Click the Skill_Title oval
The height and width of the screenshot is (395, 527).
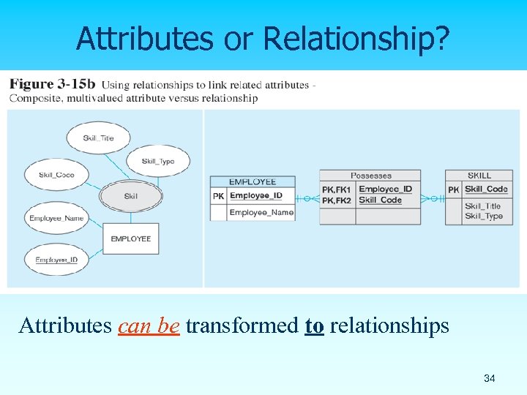pyautogui.click(x=98, y=138)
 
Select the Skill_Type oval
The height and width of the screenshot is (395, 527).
pyautogui.click(x=158, y=161)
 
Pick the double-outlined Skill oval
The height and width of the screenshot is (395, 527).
pyautogui.click(x=130, y=196)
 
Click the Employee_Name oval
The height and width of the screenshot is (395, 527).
pyautogui.click(x=56, y=218)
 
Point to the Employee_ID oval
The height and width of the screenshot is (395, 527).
pyautogui.click(x=57, y=259)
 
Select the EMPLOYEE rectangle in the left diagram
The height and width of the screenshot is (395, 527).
pyautogui.click(x=130, y=238)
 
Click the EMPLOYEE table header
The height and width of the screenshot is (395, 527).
pyautogui.click(x=253, y=181)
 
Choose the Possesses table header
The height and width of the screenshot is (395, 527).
pyautogui.click(x=370, y=176)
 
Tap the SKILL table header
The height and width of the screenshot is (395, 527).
pyautogui.click(x=479, y=176)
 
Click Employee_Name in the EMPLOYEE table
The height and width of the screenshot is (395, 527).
pyautogui.click(x=261, y=213)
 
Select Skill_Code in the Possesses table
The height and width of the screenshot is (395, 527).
pyautogui.click(x=380, y=200)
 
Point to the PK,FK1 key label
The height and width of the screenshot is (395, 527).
pyautogui.click(x=337, y=189)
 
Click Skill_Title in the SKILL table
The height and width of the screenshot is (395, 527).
pyautogui.click(x=483, y=206)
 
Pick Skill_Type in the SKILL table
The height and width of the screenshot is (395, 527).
pyautogui.click(x=483, y=216)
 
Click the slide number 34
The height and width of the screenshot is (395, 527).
pyautogui.click(x=489, y=378)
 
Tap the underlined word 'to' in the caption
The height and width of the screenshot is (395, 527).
pyautogui.click(x=314, y=326)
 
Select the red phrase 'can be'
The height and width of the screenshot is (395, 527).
pyautogui.click(x=149, y=326)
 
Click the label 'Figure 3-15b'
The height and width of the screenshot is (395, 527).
pyautogui.click(x=52, y=85)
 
